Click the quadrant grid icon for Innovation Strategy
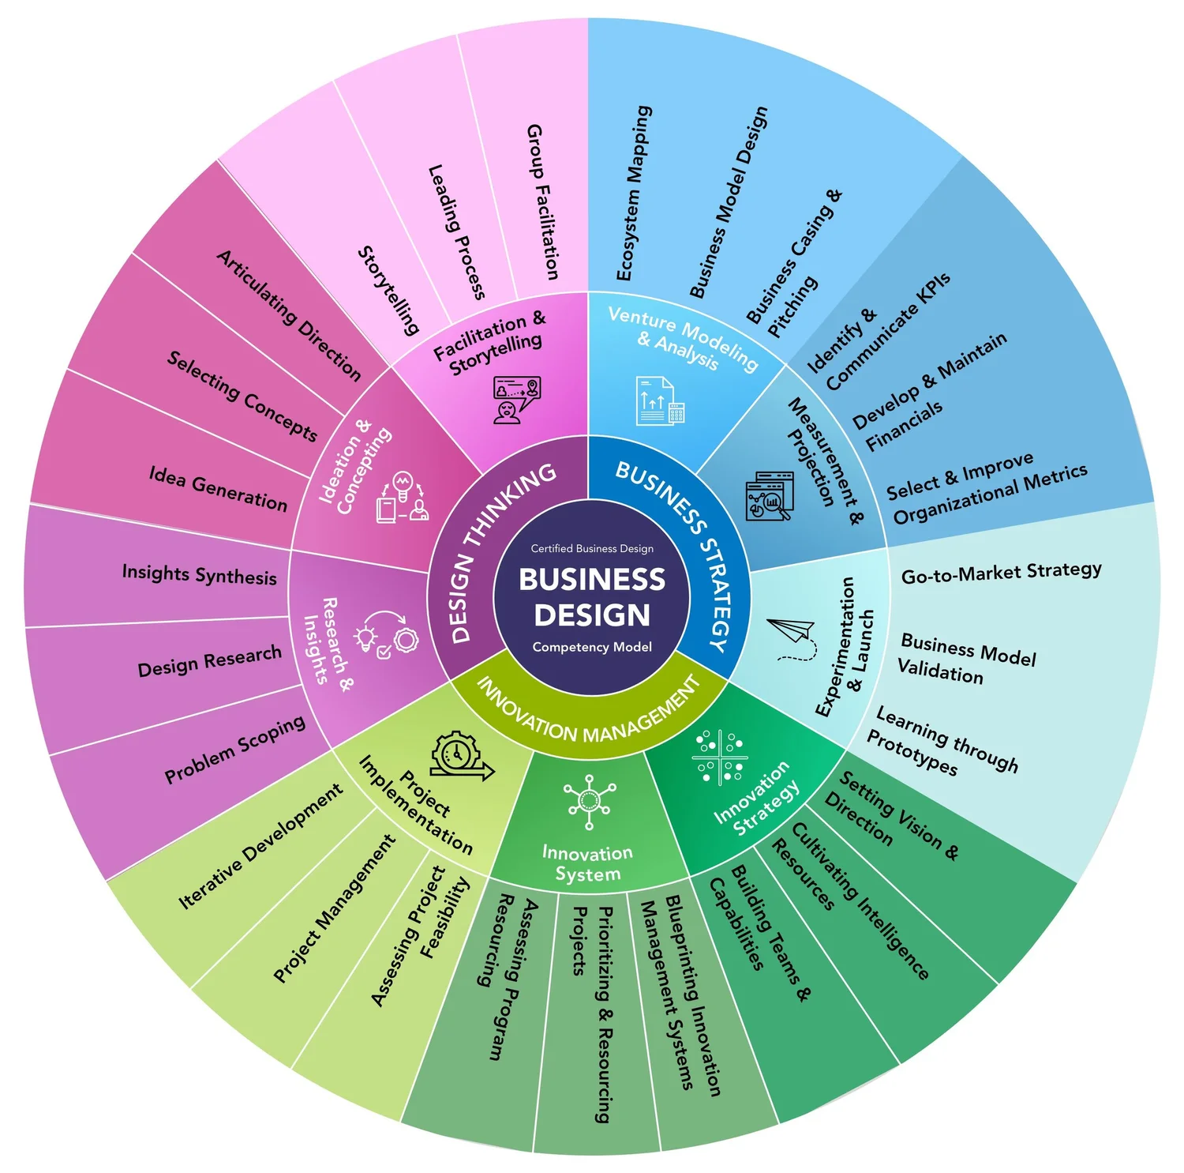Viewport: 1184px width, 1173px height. [719, 757]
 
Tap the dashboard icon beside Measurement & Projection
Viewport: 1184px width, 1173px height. [769, 496]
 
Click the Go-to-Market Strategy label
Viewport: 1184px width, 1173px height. [1001, 573]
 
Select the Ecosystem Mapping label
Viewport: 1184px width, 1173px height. [634, 194]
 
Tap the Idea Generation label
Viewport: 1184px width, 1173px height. [218, 488]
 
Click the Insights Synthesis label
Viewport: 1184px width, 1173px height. [199, 574]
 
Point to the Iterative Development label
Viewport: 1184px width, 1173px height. [260, 846]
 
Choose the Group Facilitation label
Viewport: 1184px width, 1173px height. [543, 201]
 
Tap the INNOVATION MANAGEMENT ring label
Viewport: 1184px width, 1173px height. [587, 715]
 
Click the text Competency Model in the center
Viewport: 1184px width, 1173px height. [592, 647]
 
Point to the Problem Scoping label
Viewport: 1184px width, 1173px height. [234, 750]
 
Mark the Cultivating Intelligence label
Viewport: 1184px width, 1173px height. [860, 900]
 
